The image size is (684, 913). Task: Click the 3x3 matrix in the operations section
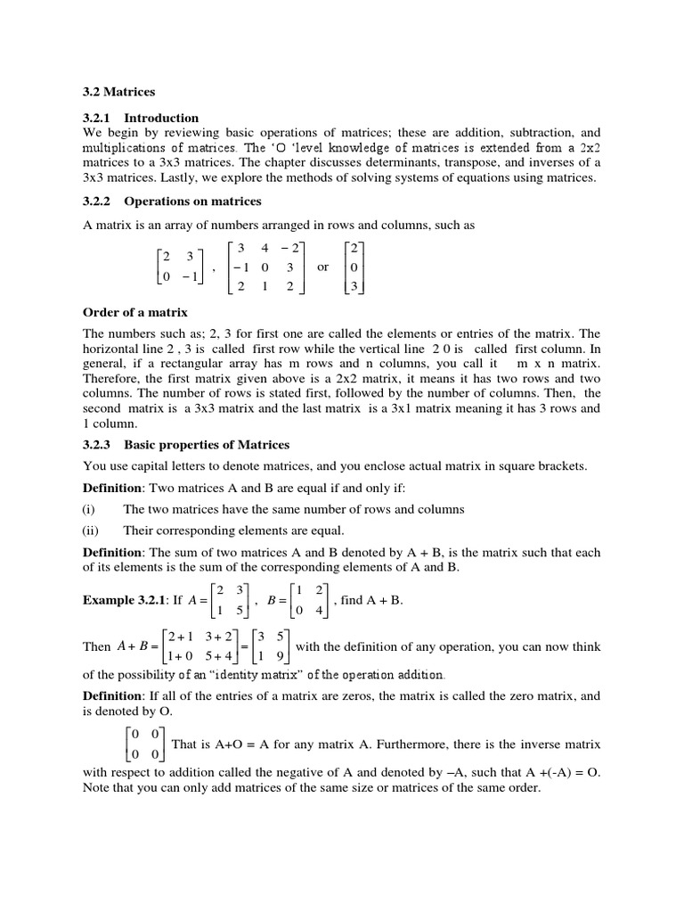pyautogui.click(x=265, y=267)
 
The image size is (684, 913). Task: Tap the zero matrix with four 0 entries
pyautogui.click(x=144, y=744)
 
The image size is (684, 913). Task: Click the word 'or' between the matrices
pyautogui.click(x=322, y=267)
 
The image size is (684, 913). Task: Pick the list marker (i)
pyautogui.click(x=89, y=509)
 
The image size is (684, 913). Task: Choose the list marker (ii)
pyautogui.click(x=91, y=530)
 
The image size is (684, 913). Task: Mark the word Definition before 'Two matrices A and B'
pyautogui.click(x=112, y=489)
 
